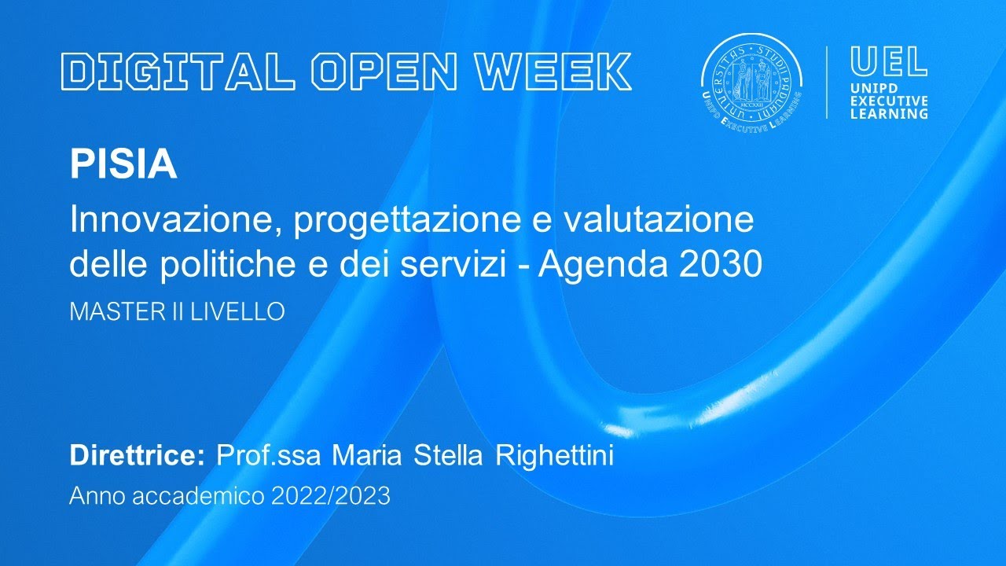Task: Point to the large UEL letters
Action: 889,62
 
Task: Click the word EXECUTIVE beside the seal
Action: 889,101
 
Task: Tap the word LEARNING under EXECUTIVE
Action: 889,114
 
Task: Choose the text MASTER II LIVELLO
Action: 177,311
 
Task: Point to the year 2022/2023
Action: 330,497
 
